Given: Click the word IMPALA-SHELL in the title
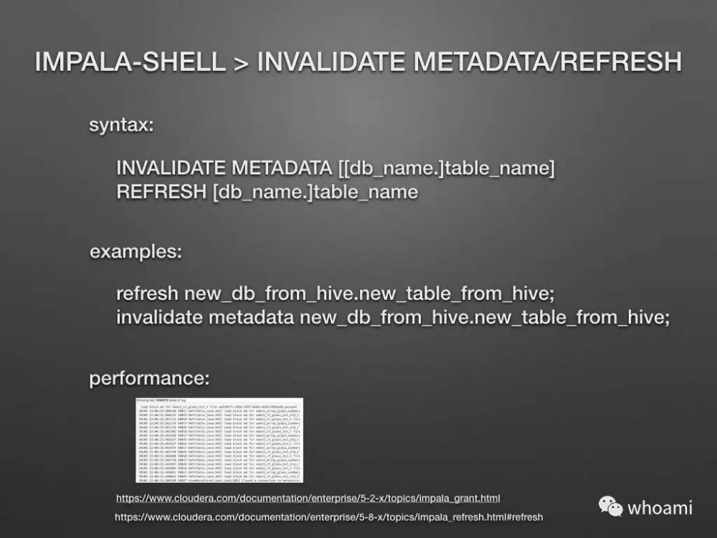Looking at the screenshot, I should pos(130,61).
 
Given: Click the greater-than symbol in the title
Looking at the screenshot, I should pos(240,62).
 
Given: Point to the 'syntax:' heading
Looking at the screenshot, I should pos(120,126).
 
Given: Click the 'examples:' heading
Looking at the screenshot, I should pos(136,253).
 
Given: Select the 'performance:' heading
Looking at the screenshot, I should pos(149,379).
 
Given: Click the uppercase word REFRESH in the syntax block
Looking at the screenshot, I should pos(161,192).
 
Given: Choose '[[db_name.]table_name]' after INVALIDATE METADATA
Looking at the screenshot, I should pos(446,169).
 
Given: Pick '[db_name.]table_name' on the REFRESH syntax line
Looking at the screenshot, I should pos(315,192).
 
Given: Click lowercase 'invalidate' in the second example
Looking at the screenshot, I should pos(159,317).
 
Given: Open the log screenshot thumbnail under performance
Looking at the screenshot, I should pos(219,440).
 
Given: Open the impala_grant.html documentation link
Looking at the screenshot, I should pos(308,498).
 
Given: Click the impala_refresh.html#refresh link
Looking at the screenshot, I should pos(328,516).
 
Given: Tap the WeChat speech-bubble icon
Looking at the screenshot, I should pos(611,507).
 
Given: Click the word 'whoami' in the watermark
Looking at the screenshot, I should pos(660,508).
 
